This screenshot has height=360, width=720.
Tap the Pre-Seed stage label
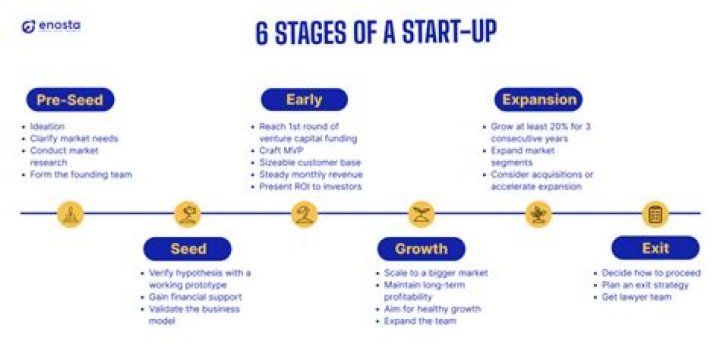(x=69, y=100)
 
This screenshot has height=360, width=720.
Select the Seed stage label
(x=187, y=248)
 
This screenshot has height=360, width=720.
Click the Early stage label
(x=304, y=100)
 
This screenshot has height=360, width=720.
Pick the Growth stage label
(x=421, y=248)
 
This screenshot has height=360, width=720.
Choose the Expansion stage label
(x=538, y=100)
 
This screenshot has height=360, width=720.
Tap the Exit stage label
(x=655, y=248)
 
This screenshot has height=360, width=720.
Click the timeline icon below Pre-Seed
(x=69, y=213)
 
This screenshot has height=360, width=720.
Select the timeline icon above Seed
(x=187, y=213)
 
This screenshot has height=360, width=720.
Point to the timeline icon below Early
(x=304, y=213)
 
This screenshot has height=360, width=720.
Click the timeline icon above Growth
(x=421, y=213)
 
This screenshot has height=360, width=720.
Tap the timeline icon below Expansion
(x=538, y=213)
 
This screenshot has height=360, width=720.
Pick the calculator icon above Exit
(x=655, y=213)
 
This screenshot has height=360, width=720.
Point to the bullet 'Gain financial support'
(x=196, y=297)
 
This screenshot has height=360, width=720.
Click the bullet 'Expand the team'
(x=421, y=321)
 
